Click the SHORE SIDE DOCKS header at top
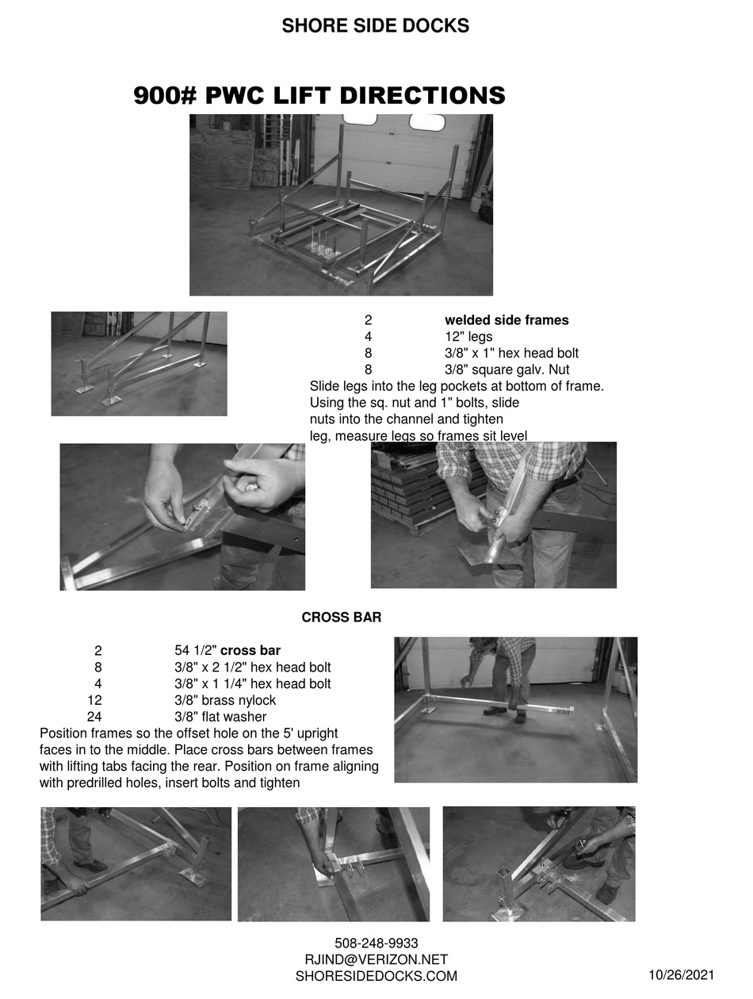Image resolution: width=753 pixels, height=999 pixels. [x=375, y=26]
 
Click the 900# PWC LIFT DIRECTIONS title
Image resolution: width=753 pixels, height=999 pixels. [x=319, y=96]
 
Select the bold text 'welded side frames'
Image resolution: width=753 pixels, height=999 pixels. [x=506, y=320]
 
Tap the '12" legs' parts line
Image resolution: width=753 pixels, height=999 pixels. [x=468, y=337]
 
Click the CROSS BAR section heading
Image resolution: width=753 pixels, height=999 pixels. [x=342, y=617]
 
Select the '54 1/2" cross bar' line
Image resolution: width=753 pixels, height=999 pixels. [x=227, y=651]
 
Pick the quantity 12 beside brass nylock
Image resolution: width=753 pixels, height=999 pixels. [x=94, y=701]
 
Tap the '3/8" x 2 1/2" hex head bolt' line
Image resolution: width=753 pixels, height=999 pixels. [x=253, y=668]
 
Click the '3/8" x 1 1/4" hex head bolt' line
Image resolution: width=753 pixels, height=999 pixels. [x=253, y=684]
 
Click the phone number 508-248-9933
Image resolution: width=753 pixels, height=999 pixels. [x=376, y=943]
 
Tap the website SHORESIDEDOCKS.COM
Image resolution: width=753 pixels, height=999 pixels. [x=376, y=977]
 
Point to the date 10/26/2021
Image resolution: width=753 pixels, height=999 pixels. [x=682, y=975]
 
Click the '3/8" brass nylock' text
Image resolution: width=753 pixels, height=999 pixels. [x=225, y=701]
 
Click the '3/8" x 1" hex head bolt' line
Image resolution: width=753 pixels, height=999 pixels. [x=511, y=353]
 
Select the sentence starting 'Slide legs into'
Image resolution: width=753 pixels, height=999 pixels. [x=457, y=386]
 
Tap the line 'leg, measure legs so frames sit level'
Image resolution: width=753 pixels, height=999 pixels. [x=418, y=435]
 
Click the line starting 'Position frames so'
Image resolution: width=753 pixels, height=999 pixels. [x=189, y=733]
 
